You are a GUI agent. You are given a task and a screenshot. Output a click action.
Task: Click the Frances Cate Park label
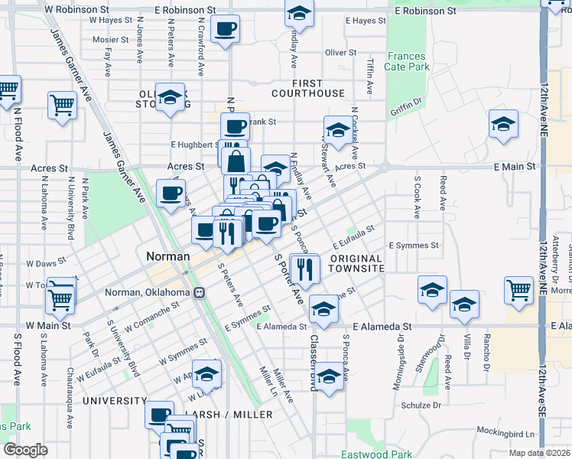[408, 62]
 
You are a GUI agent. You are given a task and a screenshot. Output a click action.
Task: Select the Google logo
[25, 450]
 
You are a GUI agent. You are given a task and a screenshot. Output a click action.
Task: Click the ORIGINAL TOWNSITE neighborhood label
[357, 264]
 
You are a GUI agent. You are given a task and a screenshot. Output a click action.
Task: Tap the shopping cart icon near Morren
[518, 290]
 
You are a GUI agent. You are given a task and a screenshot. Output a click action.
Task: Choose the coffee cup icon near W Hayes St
[225, 29]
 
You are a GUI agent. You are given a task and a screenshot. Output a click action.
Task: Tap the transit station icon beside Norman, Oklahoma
[199, 292]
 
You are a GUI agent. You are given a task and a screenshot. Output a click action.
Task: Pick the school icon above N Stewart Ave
[336, 129]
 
